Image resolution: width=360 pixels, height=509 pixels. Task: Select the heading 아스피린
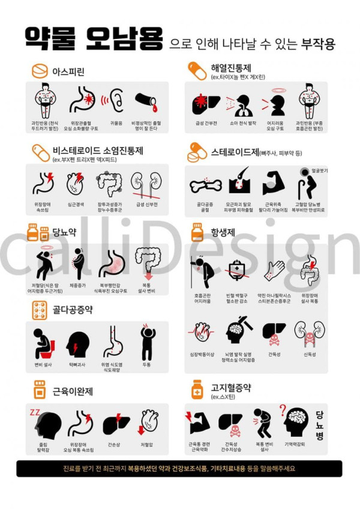68,72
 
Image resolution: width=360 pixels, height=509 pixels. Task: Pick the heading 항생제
223,230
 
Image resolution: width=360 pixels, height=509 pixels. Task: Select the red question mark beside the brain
283,410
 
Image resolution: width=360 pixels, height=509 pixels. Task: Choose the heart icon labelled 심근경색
76,184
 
